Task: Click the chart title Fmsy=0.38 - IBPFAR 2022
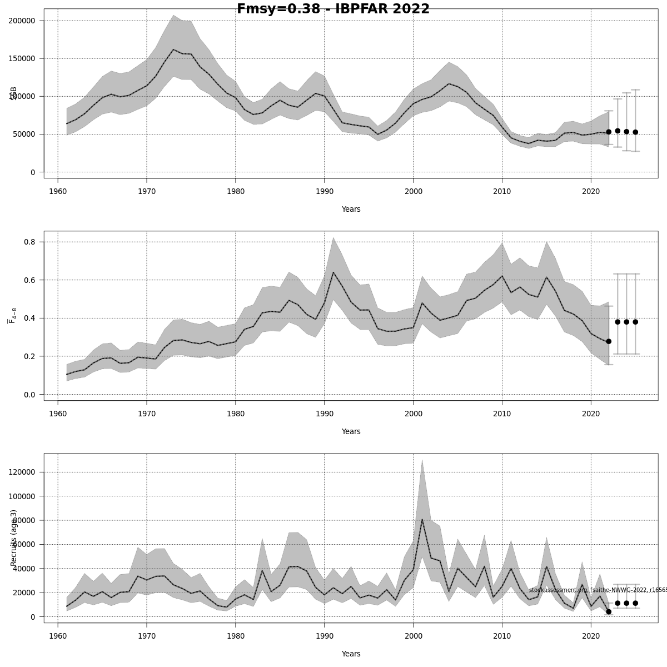[x=333, y=9]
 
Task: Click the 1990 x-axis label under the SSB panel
[x=324, y=191]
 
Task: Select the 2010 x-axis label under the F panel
[x=502, y=414]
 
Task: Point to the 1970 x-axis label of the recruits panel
[x=147, y=636]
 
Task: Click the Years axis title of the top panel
[x=351, y=210]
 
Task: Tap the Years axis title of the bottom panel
[x=351, y=654]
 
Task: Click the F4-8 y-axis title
[x=12, y=315]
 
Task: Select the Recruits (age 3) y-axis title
[x=14, y=537]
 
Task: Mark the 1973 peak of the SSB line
[x=173, y=49]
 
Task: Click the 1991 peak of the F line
[x=333, y=272]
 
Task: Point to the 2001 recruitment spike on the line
[x=422, y=519]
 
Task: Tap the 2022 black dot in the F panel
[x=609, y=341]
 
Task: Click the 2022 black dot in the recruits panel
[x=609, y=611]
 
